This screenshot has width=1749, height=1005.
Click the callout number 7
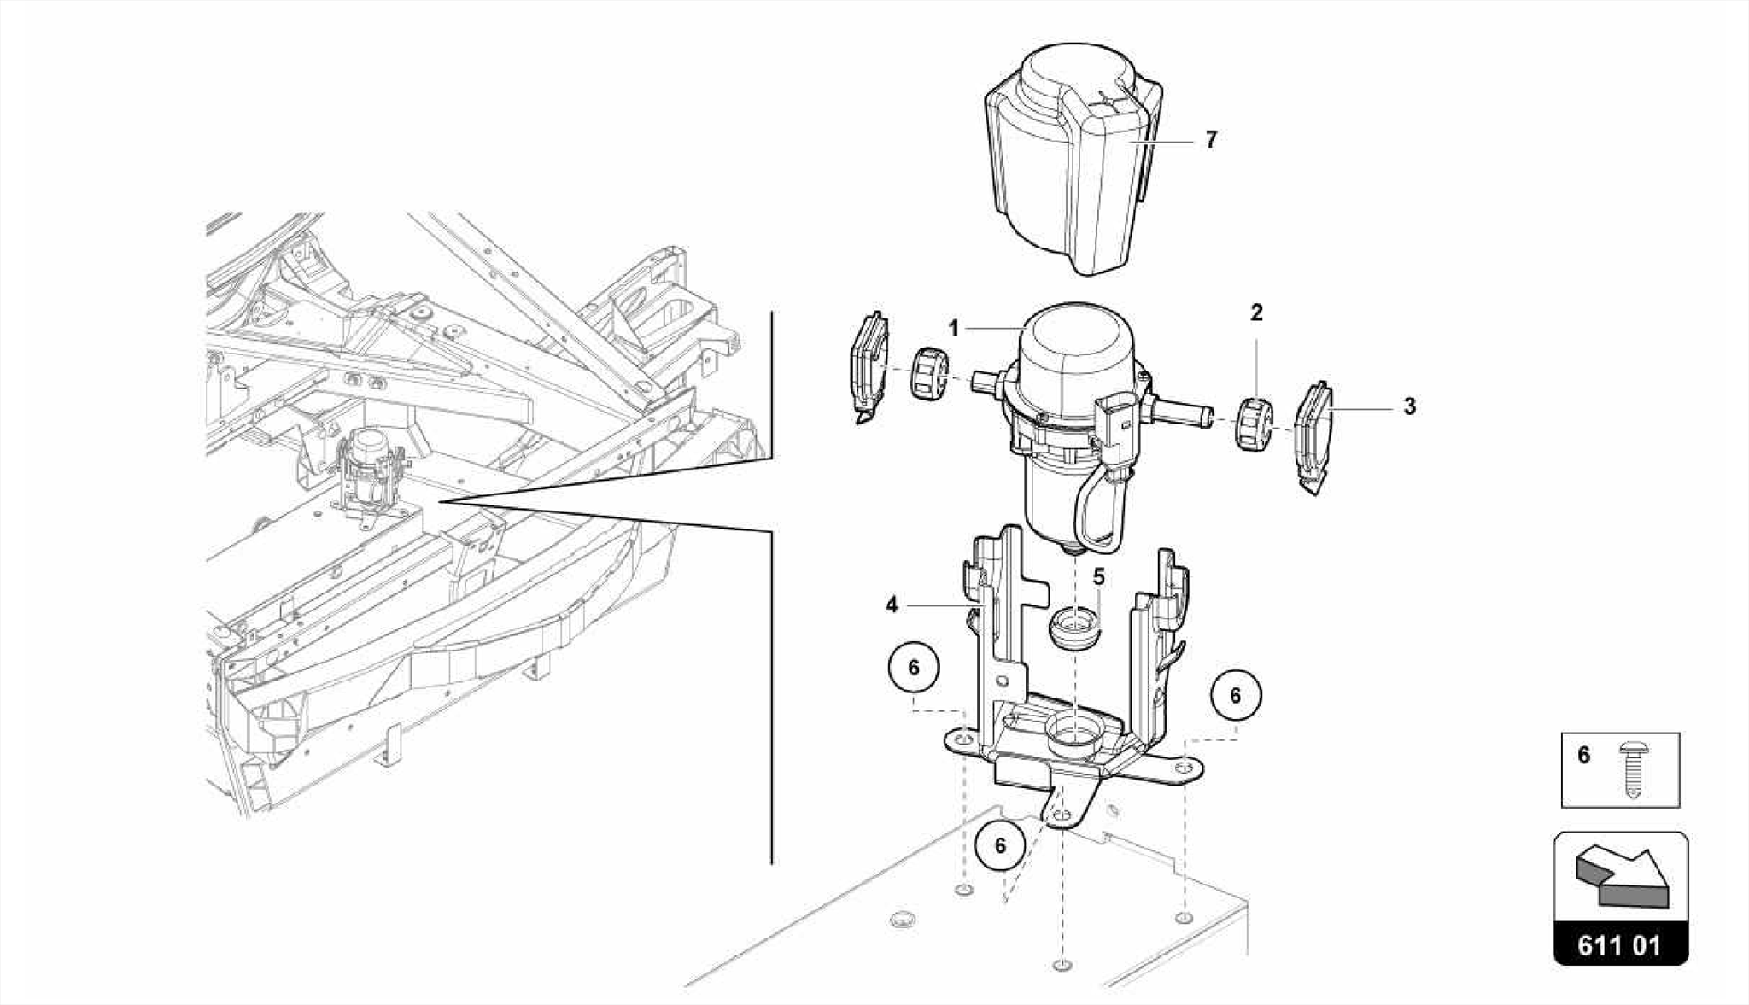click(x=1210, y=139)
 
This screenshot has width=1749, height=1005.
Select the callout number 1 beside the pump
click(x=954, y=329)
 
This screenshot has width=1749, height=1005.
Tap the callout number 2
click(x=1256, y=313)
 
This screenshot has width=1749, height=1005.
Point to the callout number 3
click(x=1409, y=407)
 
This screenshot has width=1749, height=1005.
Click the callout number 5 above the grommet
click(x=1098, y=577)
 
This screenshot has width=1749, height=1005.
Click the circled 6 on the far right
click(x=1235, y=695)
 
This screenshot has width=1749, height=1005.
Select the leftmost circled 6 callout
click(x=914, y=667)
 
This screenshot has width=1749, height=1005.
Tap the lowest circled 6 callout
click(x=1000, y=844)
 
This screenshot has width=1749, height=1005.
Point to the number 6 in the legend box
click(x=1584, y=756)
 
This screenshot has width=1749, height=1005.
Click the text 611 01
click(x=1619, y=946)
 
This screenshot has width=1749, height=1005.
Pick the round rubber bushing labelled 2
click(x=1255, y=425)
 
